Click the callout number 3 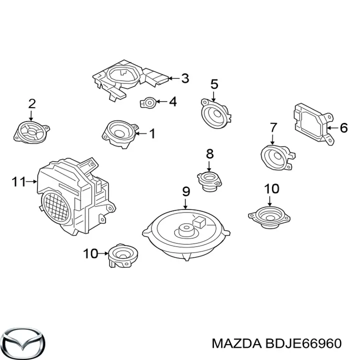(185, 78)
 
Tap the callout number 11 (18, 182)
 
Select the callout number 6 (343, 127)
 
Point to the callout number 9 (185, 191)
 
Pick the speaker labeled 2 (31, 132)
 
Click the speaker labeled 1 (120, 134)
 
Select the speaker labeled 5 (215, 113)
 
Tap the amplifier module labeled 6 (313, 123)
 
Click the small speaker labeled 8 (209, 180)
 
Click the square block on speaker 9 (199, 222)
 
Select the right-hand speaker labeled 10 (269, 217)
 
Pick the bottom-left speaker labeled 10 (123, 255)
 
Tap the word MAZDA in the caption (236, 343)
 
